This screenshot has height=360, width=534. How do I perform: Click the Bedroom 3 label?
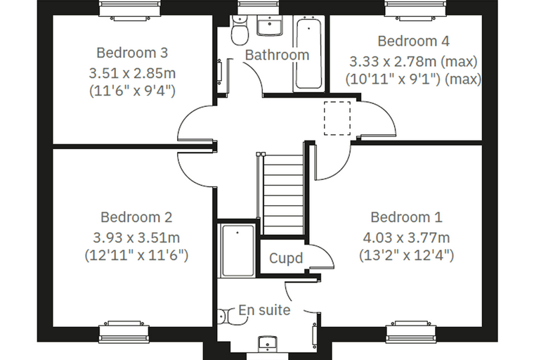132,53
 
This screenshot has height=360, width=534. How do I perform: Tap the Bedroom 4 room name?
413,41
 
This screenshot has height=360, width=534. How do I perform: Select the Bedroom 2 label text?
136,217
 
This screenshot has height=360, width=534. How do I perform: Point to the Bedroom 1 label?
406,217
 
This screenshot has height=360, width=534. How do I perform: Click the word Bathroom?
277,55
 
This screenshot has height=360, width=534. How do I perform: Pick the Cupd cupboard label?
286,258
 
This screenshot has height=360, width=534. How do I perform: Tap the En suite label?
264,310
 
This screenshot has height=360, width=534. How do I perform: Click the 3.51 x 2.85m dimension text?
132,73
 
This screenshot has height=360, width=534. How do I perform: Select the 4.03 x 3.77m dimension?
406,238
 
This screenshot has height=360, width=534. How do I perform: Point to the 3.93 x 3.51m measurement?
136,238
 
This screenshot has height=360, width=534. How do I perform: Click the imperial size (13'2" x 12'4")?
406,255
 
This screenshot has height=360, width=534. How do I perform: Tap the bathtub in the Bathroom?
308,53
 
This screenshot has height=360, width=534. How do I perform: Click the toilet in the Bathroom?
239,31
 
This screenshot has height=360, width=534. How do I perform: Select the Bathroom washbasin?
269,26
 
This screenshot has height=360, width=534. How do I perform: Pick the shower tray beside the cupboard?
237,250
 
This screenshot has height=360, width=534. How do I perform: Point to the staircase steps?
283,194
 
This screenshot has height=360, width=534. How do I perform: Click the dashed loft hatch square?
337,118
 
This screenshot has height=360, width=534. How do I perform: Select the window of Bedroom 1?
411,331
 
